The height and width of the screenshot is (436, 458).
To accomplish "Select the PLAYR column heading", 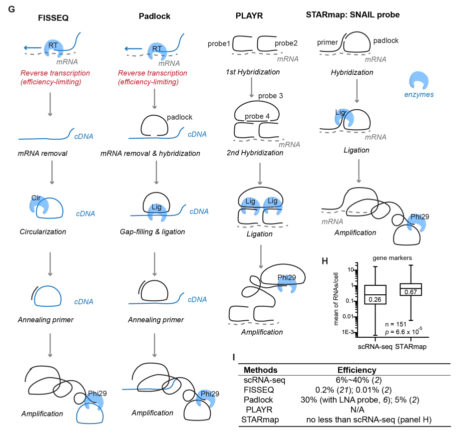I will point(248,15).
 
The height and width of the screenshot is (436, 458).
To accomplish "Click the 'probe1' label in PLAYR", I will point(219,43).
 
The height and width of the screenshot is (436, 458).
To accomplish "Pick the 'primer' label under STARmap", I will point(328,42).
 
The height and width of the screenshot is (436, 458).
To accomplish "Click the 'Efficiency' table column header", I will point(357,370).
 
